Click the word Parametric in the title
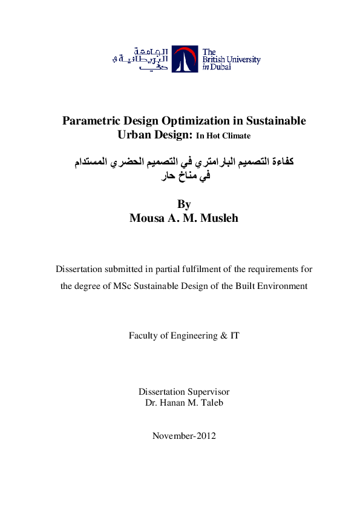click(x=91, y=120)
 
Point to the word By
click(x=184, y=205)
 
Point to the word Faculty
click(x=145, y=335)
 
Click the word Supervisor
click(x=209, y=392)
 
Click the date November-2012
click(x=184, y=436)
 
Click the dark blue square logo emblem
click(x=184, y=59)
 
